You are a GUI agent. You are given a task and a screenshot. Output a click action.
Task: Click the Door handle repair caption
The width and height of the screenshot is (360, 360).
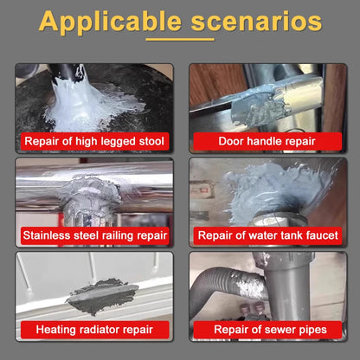coord(268,141)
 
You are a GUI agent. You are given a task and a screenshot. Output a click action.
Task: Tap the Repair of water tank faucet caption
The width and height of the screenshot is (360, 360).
coord(268,235)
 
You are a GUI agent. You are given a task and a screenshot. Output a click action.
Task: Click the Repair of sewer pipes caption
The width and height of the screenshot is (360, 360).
coord(268,329)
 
